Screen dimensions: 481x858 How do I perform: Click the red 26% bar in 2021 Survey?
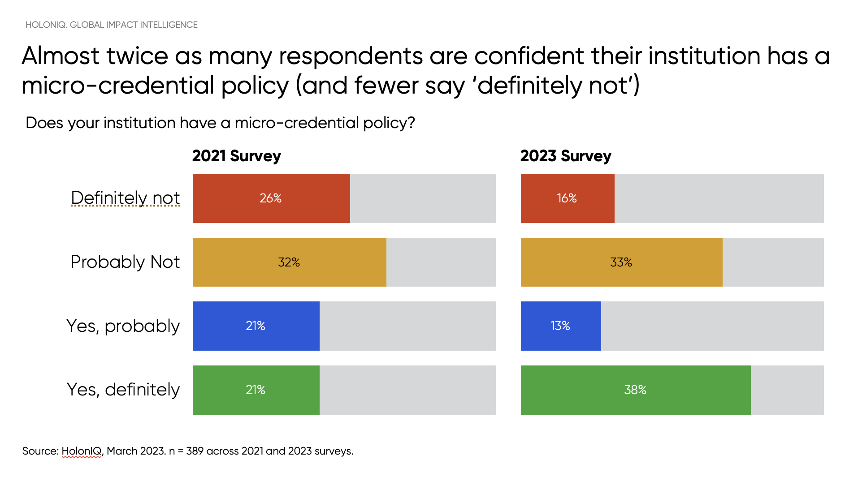point(271,198)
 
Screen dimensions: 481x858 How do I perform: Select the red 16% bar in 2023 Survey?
point(567,198)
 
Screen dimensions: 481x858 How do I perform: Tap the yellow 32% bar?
point(289,262)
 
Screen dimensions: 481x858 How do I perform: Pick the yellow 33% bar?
point(621,262)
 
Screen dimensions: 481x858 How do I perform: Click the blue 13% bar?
point(560,326)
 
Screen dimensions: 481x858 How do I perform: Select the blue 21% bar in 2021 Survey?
point(256,326)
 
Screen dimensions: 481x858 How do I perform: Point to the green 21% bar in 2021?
point(256,390)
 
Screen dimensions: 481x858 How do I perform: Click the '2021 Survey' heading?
point(236,156)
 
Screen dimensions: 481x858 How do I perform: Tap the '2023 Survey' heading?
point(565,156)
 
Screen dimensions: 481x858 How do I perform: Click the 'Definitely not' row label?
point(125,198)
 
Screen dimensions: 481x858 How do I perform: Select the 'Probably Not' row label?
point(125,262)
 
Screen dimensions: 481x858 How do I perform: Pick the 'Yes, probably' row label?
point(123,326)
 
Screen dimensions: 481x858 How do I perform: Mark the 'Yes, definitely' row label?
point(123,390)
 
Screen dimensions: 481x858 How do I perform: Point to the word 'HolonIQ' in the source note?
point(82,451)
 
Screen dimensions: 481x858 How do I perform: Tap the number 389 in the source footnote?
point(195,451)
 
